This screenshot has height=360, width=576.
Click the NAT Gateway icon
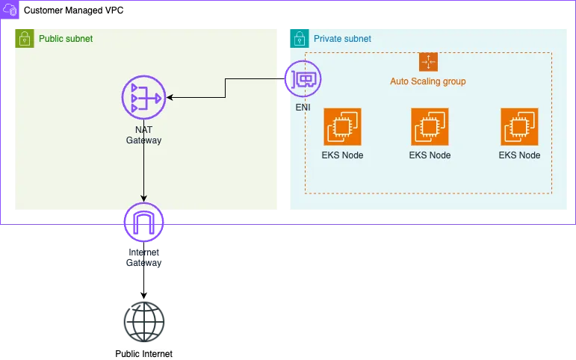coord(143,98)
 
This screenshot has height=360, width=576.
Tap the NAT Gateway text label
coord(143,135)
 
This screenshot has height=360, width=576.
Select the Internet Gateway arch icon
coord(143,222)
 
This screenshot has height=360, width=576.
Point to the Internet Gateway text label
coord(143,258)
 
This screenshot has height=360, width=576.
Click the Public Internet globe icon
coord(143,322)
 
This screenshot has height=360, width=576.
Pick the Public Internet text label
coord(143,354)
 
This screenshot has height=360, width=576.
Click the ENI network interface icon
coord(303,79)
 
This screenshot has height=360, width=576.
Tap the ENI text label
coord(303,108)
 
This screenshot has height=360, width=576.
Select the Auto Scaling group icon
coord(428,62)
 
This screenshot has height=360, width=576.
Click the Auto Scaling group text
coord(428,81)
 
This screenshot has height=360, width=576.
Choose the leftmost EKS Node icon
coord(342,127)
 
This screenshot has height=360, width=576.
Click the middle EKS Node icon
coord(430,127)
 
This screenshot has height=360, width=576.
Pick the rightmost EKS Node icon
coord(519,127)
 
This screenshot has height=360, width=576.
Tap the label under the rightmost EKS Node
coord(519,155)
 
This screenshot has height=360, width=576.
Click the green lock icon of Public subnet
coord(25,38)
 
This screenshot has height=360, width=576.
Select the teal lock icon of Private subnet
coord(300,38)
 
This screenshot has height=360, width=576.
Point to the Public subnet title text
coord(66,39)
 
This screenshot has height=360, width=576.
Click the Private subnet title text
coord(342,39)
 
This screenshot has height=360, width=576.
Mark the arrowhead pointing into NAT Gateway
coord(170,98)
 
